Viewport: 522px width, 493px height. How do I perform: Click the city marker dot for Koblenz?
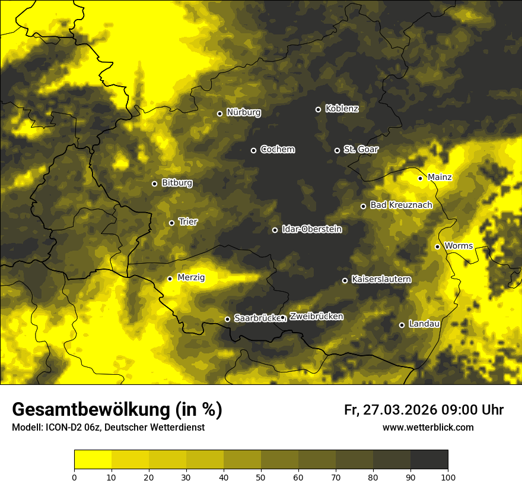pyautogui.click(x=318, y=109)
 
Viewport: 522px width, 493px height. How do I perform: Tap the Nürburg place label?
pyautogui.click(x=243, y=112)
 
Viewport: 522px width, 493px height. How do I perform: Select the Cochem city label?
pyautogui.click(x=277, y=149)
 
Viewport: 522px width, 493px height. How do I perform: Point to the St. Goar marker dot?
pyautogui.click(x=337, y=150)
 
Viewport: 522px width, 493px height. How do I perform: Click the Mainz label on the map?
pyautogui.click(x=440, y=177)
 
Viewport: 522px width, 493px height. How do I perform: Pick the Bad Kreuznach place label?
pyautogui.click(x=401, y=205)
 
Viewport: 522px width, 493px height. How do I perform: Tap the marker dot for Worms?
pyautogui.click(x=437, y=246)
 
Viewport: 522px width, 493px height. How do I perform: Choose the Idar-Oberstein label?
pyautogui.click(x=311, y=229)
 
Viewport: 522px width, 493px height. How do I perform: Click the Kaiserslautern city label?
pyautogui.click(x=381, y=279)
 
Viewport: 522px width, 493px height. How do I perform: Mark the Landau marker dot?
pyautogui.click(x=402, y=325)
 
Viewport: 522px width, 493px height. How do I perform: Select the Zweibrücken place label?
pyautogui.click(x=316, y=316)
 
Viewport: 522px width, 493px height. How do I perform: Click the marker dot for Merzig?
pyautogui.click(x=170, y=279)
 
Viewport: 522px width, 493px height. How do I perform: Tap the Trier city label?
pyautogui.click(x=188, y=222)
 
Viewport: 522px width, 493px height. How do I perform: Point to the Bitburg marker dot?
pyautogui.click(x=154, y=184)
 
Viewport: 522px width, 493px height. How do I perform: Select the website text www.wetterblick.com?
pyautogui.click(x=428, y=427)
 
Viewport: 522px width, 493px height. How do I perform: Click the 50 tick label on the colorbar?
pyautogui.click(x=261, y=476)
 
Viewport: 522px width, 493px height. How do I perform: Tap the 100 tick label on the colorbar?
pyautogui.click(x=448, y=476)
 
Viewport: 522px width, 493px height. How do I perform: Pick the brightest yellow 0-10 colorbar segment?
pyautogui.click(x=93, y=459)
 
